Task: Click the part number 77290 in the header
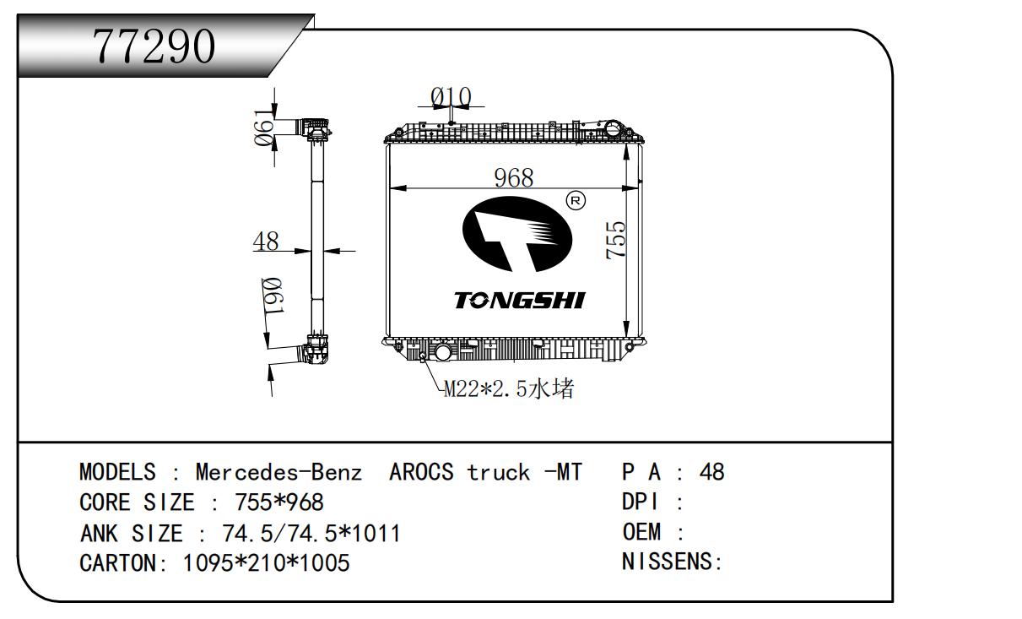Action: (154, 46)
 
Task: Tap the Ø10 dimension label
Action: (451, 97)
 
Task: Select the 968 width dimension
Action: (514, 177)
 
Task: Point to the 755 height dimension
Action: (616, 240)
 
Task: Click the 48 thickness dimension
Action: (266, 241)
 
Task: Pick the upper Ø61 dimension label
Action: (264, 128)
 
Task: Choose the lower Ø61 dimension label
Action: (273, 296)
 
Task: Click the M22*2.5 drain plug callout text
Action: (509, 388)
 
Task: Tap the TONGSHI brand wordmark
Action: (520, 301)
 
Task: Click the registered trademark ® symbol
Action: (576, 200)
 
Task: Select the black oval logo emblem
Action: (517, 234)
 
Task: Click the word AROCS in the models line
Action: (421, 471)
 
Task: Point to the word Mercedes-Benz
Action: (278, 471)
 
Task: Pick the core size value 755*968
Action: (279, 502)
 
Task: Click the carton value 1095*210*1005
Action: (267, 563)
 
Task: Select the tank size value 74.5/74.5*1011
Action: (311, 533)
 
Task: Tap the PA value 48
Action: (711, 471)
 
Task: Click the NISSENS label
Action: (667, 561)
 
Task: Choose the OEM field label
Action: (641, 532)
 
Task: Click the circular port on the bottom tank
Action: (442, 352)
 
